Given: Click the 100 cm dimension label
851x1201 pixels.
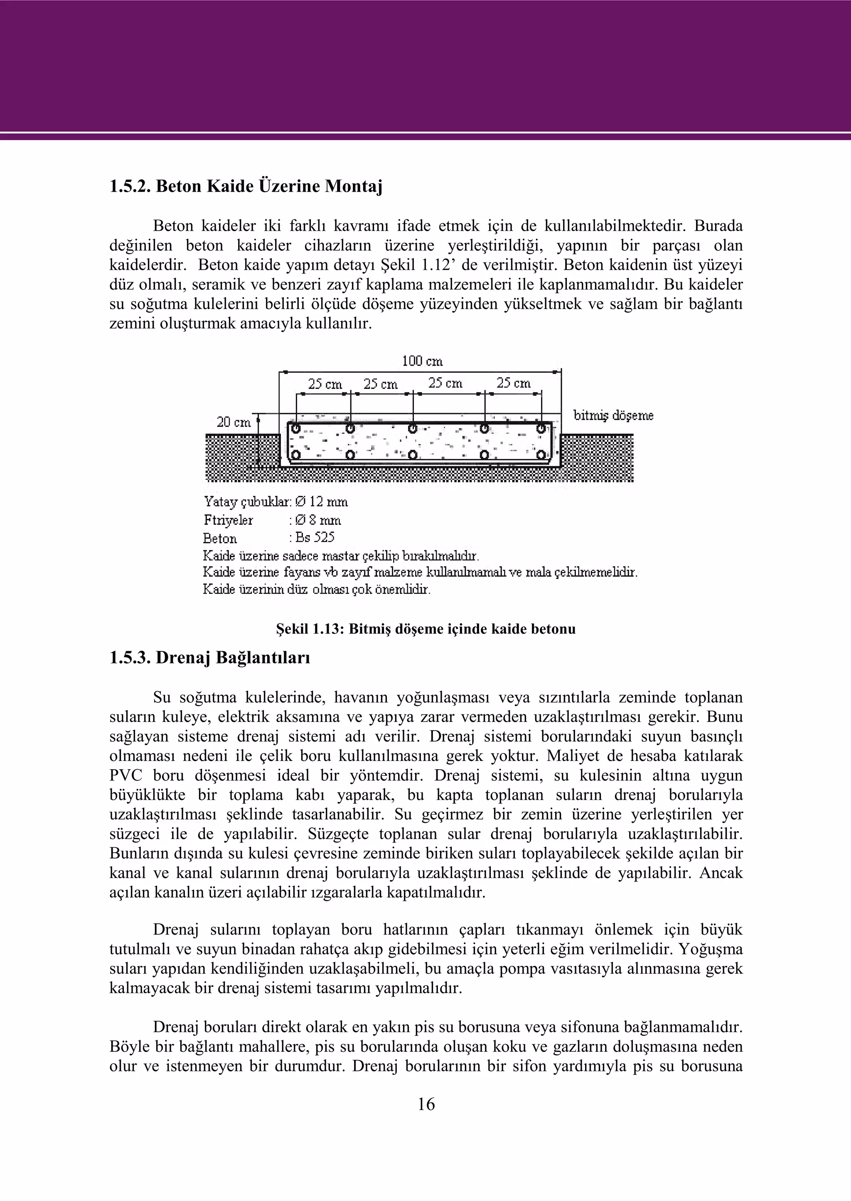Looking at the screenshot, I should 422,361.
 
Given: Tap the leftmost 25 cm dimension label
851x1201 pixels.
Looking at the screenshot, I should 325,384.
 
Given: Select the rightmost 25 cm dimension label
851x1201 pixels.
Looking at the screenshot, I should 514,383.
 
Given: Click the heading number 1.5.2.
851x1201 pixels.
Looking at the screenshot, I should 130,186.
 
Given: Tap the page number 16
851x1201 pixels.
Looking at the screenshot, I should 426,1104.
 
